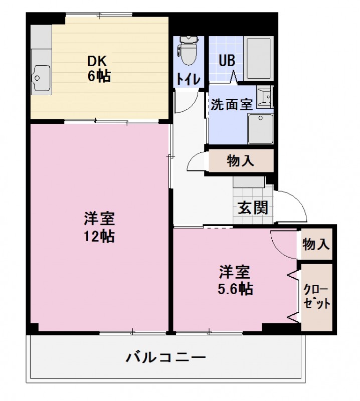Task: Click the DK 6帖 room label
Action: point(98,68)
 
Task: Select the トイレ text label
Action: point(189,79)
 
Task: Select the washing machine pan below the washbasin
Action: point(260,128)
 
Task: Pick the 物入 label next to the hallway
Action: point(240,161)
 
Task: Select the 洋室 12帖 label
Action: point(99,227)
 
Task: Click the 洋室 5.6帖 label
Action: point(235,281)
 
